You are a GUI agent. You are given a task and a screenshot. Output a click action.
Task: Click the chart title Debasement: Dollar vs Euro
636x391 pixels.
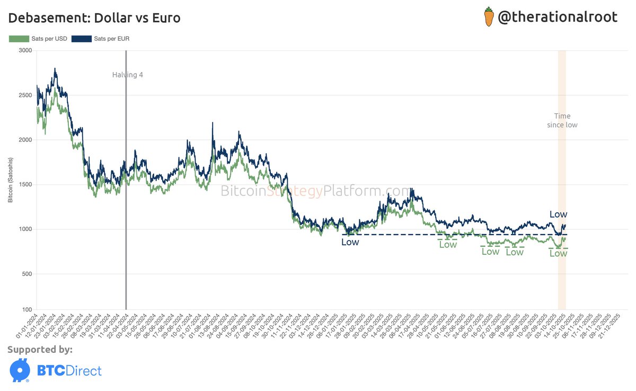(94, 18)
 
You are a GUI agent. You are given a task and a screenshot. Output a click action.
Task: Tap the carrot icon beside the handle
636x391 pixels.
(489, 17)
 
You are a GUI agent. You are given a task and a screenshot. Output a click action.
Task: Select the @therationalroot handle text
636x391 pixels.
(558, 17)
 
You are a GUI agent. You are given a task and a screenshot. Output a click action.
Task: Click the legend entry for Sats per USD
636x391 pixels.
(38, 39)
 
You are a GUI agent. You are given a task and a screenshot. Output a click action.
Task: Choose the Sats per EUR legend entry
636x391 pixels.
(101, 39)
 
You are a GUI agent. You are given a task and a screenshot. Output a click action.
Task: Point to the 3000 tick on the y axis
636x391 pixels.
(25, 50)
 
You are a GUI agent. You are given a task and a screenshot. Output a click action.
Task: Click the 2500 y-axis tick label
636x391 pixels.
(25, 95)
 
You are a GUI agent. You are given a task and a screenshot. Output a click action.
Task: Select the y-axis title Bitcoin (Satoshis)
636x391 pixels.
(11, 180)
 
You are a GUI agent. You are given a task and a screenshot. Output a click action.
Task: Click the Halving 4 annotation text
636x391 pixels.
(128, 75)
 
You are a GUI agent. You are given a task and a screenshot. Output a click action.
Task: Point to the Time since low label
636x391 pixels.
(562, 120)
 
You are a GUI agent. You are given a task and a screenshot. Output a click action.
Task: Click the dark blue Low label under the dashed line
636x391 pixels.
(350, 242)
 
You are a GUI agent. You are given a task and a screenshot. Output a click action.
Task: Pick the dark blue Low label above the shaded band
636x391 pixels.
(558, 215)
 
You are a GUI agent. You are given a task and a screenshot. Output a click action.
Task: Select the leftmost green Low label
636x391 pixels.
(448, 245)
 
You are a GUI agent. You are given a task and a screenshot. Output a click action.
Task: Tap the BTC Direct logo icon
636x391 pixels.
(20, 370)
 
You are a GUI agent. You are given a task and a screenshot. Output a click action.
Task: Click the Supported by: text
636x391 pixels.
(40, 350)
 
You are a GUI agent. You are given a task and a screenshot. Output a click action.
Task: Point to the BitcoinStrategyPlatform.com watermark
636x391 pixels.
(316, 191)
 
